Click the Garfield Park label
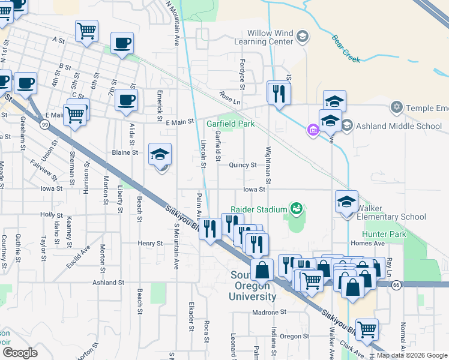tap(231, 124)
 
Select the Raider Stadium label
tap(259, 209)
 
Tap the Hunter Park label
tap(384, 234)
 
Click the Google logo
tap(20, 353)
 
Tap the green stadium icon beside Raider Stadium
tap(295, 209)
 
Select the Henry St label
tap(150, 244)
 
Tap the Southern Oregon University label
tap(253, 286)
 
